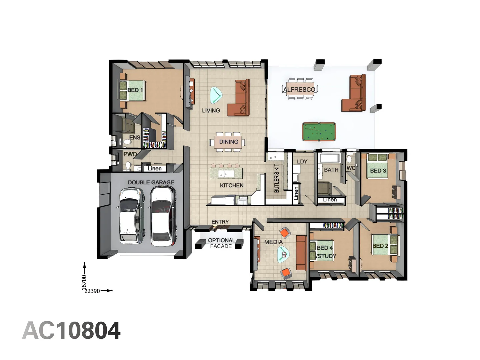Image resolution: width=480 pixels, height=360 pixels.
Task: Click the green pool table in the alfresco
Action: pos(319,132)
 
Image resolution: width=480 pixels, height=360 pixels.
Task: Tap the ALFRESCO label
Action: pos(299,89)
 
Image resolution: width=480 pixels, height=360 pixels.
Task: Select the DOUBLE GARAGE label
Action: pos(151,182)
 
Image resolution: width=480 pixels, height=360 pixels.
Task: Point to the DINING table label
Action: pos(229,142)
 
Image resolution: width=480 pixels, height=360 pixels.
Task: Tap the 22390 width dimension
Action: pos(92,291)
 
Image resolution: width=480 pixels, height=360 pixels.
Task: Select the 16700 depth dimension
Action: pos(84,282)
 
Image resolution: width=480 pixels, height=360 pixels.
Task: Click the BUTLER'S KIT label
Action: pos(276,178)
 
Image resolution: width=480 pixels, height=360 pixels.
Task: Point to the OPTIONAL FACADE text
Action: pos(221,243)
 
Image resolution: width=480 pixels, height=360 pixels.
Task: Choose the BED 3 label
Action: pos(378,171)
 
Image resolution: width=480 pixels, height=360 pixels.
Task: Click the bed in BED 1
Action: pos(132,90)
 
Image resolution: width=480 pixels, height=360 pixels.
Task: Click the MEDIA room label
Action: pos(273,242)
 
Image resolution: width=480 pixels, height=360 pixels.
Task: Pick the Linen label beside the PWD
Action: pos(155,168)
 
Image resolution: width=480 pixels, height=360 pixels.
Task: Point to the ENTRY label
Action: pos(220,222)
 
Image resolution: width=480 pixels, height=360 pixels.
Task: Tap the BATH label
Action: pos(331,170)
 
